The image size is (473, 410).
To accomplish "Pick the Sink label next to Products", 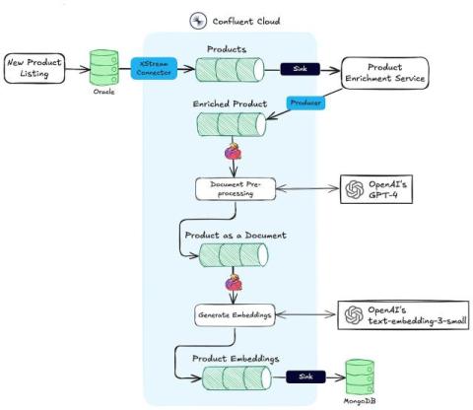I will (x=301, y=69).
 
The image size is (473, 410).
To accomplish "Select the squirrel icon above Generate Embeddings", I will (x=233, y=285).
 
